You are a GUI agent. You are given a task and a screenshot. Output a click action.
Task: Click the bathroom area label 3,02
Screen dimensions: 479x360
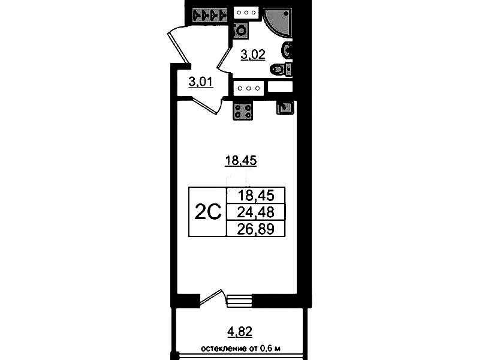coord(253,55)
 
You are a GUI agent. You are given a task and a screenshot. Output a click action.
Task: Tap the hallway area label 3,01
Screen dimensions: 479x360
coord(201,82)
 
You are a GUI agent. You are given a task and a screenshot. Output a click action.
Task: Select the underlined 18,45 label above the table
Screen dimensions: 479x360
coord(241,160)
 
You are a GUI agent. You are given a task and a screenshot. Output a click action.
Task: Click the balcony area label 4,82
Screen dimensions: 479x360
coord(240,332)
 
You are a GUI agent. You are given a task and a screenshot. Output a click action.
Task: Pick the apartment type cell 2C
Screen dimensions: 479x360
coord(208,212)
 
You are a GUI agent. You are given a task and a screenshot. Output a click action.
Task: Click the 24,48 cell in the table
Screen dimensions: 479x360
coord(256,212)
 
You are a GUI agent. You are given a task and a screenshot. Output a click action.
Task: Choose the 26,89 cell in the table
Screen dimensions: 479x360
coord(256,229)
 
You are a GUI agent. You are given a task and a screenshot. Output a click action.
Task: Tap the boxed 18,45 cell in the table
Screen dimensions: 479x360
coord(256,196)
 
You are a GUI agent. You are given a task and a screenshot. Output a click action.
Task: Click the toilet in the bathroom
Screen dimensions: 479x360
coord(281,69)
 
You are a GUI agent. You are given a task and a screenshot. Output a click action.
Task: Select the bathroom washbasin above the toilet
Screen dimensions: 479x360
coord(288,50)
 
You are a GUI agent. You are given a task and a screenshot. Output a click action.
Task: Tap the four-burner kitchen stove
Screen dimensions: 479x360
coord(243,111)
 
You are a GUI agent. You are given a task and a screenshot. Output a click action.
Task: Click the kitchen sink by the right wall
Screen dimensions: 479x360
coord(285,107)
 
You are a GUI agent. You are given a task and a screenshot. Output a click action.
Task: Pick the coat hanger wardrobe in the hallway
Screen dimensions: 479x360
coord(210,14)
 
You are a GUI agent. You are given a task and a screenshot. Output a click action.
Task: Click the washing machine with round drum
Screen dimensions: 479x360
coord(240,31)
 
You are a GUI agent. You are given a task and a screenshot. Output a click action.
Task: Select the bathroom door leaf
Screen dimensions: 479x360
coord(223,61)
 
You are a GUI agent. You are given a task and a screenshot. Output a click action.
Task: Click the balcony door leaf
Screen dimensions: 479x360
coord(210,297)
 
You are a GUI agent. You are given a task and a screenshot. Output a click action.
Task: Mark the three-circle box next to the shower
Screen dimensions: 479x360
coord(246,13)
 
